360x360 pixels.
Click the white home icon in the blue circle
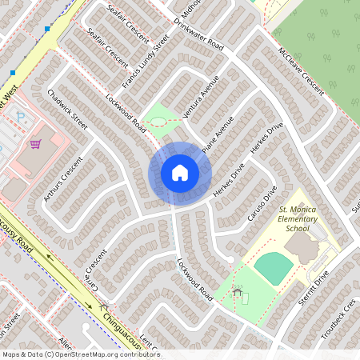(180, 173)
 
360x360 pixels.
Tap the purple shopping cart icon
(35, 144)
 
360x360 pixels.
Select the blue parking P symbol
(21, 118)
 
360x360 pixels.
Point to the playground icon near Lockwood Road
(238, 295)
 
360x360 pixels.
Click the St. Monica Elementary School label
(298, 218)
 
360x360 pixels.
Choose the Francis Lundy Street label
(146, 61)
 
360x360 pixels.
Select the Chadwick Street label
(67, 110)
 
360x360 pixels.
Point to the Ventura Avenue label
(201, 96)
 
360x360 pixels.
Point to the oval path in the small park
(158, 122)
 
